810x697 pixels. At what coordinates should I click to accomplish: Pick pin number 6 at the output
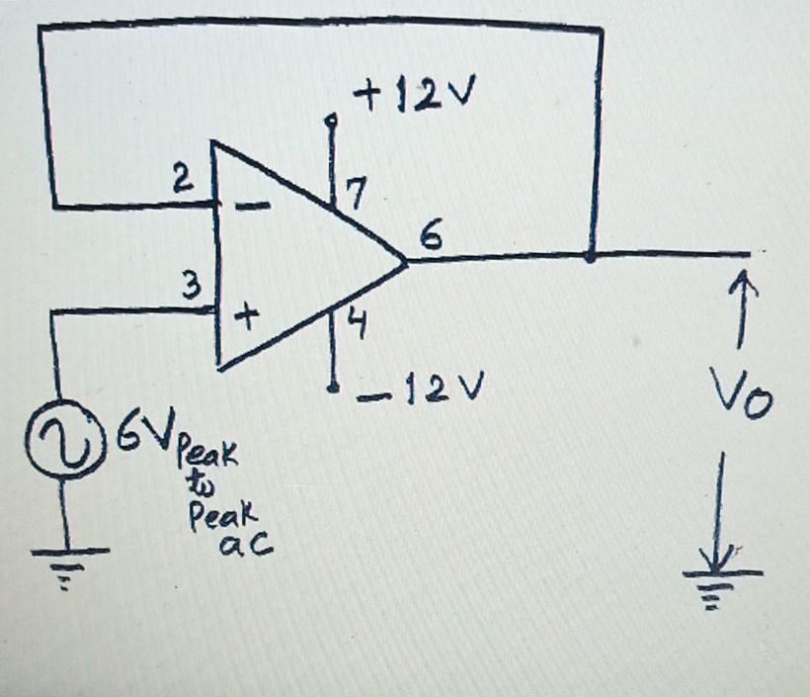tap(433, 237)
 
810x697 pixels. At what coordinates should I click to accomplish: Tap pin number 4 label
tap(359, 324)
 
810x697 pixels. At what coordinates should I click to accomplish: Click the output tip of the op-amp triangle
tap(406, 262)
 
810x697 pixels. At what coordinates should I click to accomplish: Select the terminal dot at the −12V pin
tap(336, 386)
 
